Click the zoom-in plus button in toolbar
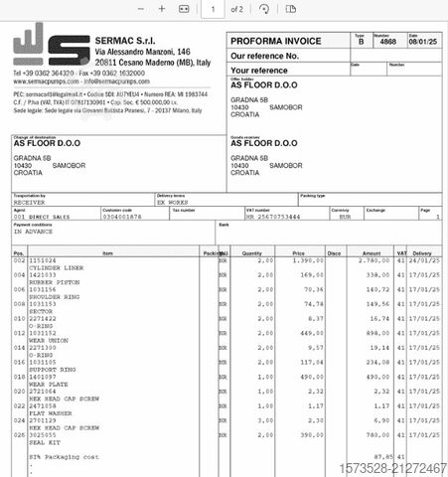(x=163, y=8)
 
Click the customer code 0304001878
(x=123, y=215)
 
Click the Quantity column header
(x=251, y=252)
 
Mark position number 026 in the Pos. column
(x=18, y=433)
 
